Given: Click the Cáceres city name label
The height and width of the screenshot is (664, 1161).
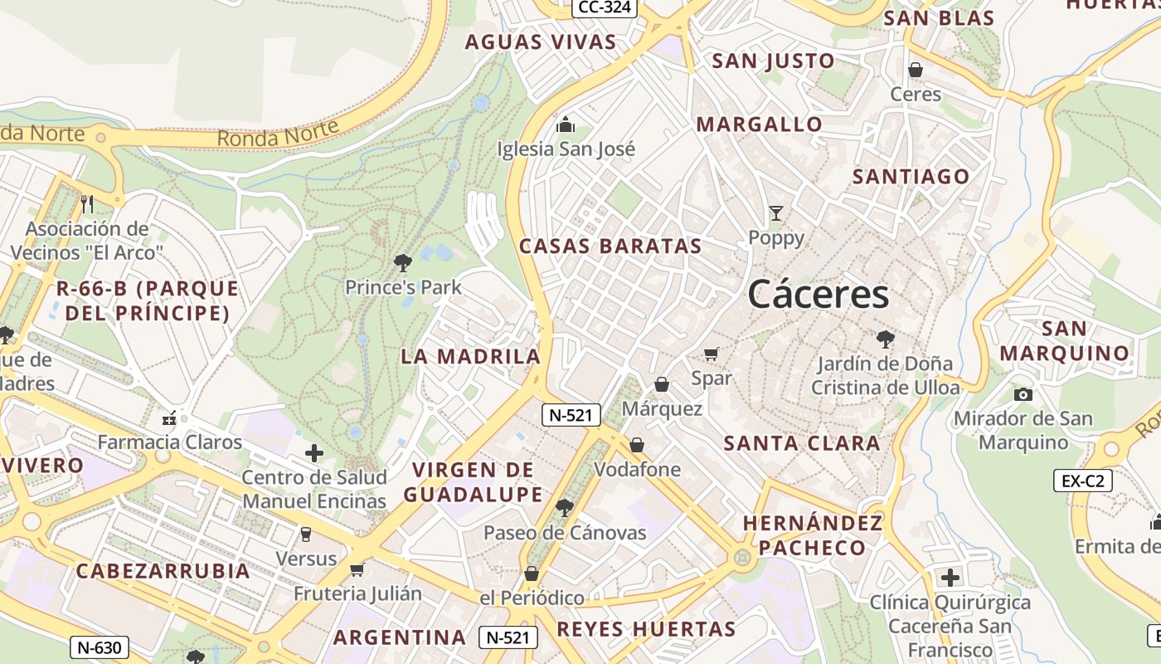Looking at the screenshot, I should [819, 295].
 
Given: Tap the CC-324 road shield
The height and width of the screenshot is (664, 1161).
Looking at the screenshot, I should [605, 7].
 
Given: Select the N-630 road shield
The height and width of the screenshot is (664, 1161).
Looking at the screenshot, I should [99, 647].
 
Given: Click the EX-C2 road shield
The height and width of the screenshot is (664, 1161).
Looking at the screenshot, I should [1083, 480].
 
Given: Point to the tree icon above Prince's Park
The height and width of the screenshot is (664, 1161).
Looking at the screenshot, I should [403, 263].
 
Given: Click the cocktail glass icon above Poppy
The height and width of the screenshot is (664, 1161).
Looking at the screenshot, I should [775, 213].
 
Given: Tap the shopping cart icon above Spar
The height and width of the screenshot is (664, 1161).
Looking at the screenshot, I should [711, 354].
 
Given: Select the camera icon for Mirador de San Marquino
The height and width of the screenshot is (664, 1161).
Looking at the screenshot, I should [1023, 394].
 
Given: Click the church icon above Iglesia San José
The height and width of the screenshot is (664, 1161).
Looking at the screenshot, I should [566, 125].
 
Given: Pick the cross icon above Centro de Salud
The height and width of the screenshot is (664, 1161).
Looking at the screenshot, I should [314, 453].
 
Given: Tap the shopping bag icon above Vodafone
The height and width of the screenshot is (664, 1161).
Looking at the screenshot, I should [637, 446].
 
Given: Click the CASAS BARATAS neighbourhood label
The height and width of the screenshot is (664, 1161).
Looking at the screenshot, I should [610, 247].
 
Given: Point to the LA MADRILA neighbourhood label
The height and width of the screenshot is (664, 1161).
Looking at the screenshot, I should [470, 357].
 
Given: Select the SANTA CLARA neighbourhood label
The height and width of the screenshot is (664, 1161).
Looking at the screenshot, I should [802, 443].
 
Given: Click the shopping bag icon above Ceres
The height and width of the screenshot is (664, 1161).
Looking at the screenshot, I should [916, 71].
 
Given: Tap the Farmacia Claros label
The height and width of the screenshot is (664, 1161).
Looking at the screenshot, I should [170, 442].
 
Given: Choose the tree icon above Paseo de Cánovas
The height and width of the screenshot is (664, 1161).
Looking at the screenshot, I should [565, 507].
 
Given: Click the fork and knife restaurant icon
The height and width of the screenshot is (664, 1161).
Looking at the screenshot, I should [87, 203].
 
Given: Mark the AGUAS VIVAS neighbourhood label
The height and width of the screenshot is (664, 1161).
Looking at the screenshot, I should [540, 42].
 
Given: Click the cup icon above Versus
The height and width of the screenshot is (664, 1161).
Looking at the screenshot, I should [306, 535].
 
